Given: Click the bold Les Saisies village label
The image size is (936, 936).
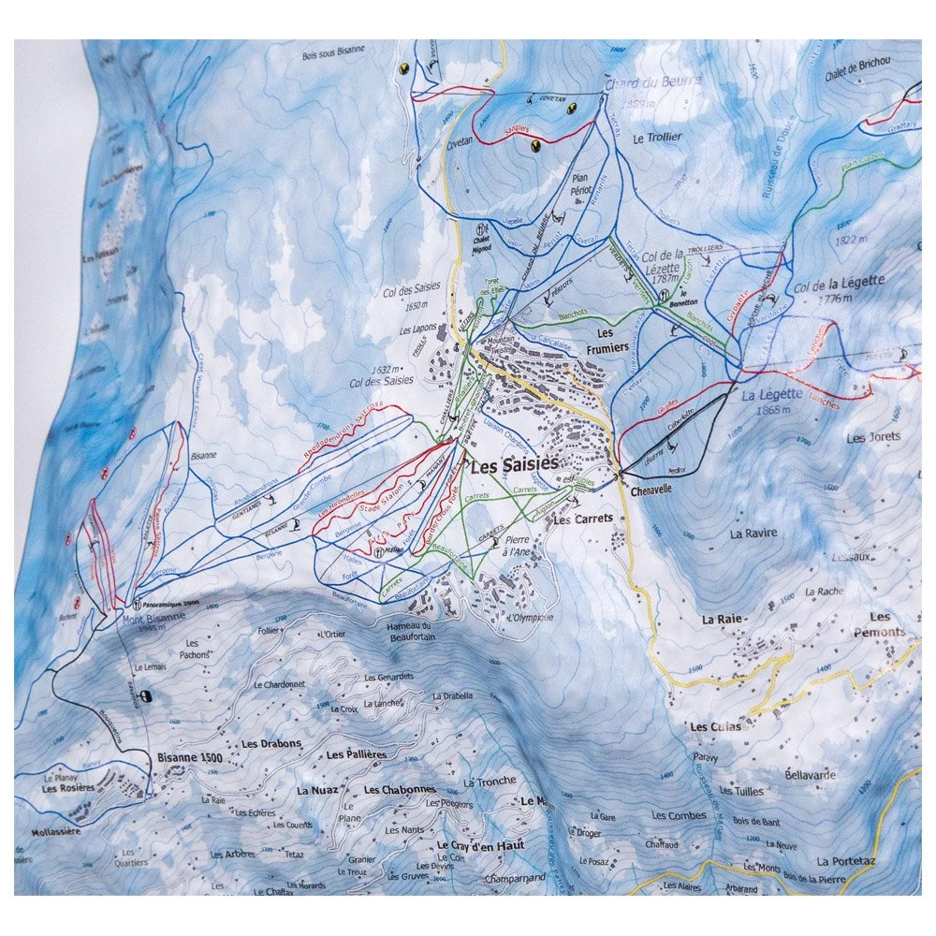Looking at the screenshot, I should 514,464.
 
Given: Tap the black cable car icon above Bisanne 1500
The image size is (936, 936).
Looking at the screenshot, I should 145,695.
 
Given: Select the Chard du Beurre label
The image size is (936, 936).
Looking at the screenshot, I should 653,83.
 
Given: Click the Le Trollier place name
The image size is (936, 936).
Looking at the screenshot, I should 658,137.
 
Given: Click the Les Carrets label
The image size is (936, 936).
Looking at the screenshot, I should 582,519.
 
